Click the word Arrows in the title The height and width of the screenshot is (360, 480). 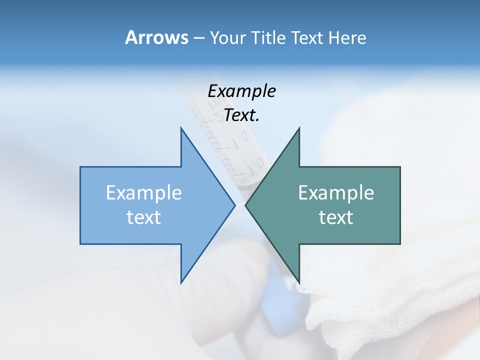[156, 38]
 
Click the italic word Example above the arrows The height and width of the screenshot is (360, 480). [241, 91]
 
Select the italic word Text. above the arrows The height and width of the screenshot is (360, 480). [241, 115]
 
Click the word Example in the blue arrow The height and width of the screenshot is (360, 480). [144, 193]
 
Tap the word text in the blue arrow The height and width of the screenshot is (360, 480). [144, 217]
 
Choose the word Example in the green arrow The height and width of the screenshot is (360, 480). [336, 193]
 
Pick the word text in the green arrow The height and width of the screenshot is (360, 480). [336, 217]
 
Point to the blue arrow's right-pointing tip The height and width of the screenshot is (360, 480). [234, 205]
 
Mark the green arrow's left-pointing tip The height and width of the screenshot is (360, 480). [246, 205]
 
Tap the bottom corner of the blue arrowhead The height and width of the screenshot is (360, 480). [181, 282]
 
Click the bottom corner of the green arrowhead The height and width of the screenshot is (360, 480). [299, 282]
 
